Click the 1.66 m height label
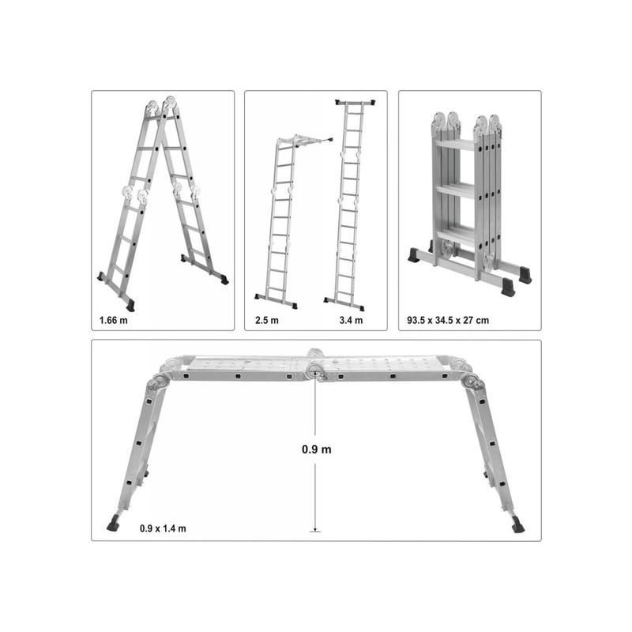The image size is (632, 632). [113, 321]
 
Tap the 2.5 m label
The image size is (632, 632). [267, 321]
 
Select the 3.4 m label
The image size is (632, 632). [351, 321]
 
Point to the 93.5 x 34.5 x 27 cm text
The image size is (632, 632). [448, 321]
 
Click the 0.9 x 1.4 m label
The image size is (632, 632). [163, 529]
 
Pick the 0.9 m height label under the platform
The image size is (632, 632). [317, 449]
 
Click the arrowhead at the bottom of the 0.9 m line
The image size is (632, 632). [315, 529]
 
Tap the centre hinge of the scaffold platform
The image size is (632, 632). [315, 369]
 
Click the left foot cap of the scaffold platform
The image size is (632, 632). [113, 525]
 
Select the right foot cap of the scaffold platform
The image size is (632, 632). [518, 527]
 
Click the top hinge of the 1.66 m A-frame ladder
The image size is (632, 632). [163, 106]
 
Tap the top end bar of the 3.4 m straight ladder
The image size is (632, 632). [355, 103]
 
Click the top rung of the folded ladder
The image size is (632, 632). [455, 145]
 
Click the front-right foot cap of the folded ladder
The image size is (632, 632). [508, 286]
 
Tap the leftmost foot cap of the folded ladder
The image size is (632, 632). [414, 254]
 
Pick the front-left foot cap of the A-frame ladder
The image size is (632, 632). [131, 306]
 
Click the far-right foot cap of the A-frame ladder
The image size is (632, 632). [224, 280]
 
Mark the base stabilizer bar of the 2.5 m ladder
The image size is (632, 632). [276, 301]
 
